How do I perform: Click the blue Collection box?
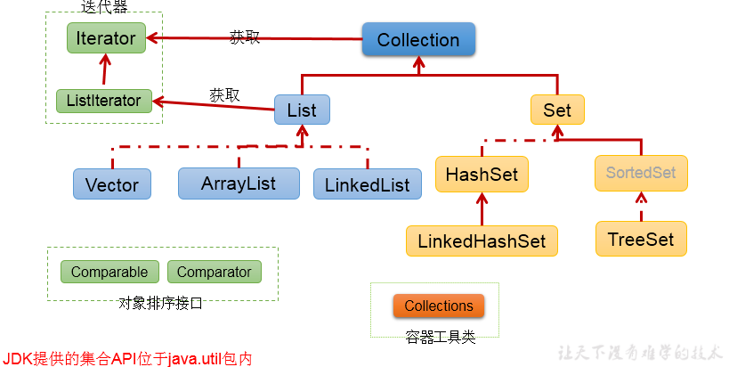tap(418, 40)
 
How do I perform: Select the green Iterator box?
tap(106, 38)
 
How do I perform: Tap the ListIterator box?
tap(103, 101)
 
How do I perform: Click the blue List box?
tap(302, 110)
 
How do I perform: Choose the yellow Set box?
tap(557, 110)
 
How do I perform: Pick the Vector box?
tap(112, 184)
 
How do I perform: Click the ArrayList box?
tap(239, 183)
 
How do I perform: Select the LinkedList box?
tap(367, 184)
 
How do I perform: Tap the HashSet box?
tap(482, 174)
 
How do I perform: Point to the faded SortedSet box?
tap(641, 172)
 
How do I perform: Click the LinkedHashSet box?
tap(482, 241)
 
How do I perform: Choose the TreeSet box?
tap(641, 239)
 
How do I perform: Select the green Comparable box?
tap(109, 272)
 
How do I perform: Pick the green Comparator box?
tap(215, 272)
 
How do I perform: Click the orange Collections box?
tap(439, 306)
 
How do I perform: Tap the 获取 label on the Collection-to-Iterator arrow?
tap(245, 37)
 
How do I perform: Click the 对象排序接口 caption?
tap(161, 303)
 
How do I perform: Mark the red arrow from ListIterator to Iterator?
tap(105, 70)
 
